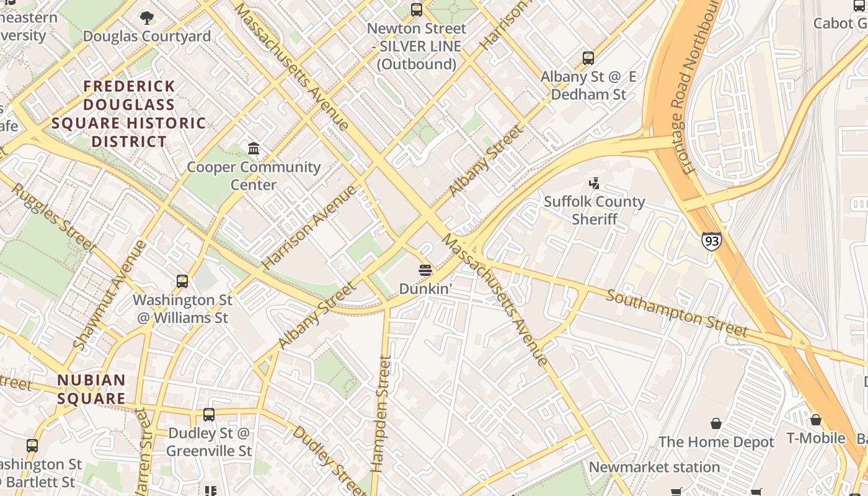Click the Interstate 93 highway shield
(x=712, y=241)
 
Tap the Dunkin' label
(x=424, y=289)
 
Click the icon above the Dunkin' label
(x=425, y=270)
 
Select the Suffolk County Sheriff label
(x=594, y=210)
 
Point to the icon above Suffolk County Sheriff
(x=595, y=183)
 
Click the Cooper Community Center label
(x=254, y=175)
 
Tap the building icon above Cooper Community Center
(x=254, y=149)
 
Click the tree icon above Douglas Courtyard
(x=147, y=17)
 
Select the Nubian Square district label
(x=91, y=389)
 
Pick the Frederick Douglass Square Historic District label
(x=129, y=113)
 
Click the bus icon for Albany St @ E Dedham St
(x=588, y=58)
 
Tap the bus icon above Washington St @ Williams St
(x=182, y=281)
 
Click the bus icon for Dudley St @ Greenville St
(x=209, y=415)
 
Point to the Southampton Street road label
(x=676, y=313)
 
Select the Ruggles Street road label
(x=54, y=218)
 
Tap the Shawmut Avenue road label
(x=110, y=294)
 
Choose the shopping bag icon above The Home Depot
(x=716, y=423)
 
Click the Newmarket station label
(x=654, y=467)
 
